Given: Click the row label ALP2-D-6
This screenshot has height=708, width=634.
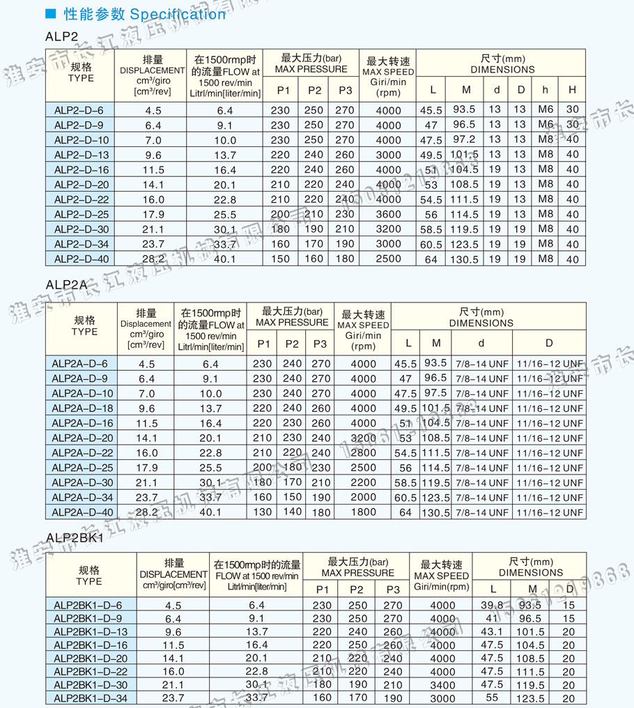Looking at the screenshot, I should (79, 110).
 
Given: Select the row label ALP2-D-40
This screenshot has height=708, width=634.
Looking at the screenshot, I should (82, 259).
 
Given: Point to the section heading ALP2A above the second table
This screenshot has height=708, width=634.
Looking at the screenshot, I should (66, 284).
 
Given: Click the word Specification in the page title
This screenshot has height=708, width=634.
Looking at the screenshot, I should (178, 14).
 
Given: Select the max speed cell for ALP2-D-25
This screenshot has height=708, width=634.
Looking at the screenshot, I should (388, 215).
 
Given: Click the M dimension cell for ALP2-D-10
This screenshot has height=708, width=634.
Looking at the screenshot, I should (464, 139).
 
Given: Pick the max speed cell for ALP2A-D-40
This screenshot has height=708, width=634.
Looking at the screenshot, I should (363, 512).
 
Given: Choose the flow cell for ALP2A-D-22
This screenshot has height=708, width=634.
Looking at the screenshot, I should (210, 453).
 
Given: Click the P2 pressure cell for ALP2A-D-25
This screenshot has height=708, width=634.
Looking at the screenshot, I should (293, 468).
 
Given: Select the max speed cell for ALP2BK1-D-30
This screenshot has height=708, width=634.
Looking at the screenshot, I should (442, 684).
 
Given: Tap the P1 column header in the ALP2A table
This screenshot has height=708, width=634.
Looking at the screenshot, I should (263, 344).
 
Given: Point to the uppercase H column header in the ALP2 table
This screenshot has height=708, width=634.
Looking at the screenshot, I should (572, 89).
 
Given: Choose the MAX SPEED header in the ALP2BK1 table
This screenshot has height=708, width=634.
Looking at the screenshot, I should (442, 576).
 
